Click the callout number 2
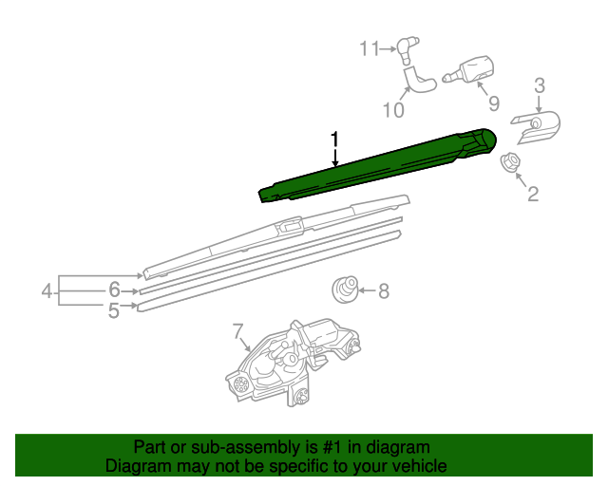click(533, 195)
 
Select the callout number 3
click(539, 86)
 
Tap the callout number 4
click(47, 291)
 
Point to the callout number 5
click(113, 309)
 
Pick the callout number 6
click(113, 290)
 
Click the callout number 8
click(384, 291)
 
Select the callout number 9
click(493, 103)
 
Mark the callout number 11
click(369, 47)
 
